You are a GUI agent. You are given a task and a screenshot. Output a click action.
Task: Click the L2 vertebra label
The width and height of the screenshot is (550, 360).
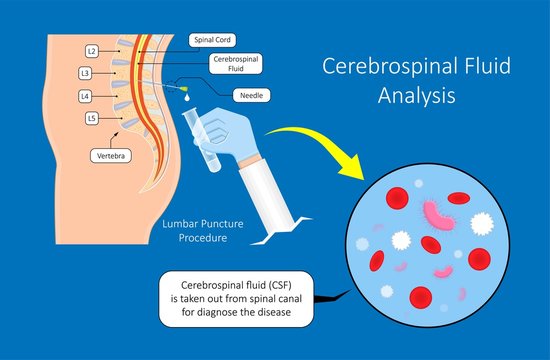point(91,50)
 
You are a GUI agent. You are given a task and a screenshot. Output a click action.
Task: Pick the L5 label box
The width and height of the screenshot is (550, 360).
point(91,119)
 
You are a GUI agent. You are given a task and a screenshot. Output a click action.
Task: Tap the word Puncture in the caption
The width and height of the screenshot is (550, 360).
point(216,225)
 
